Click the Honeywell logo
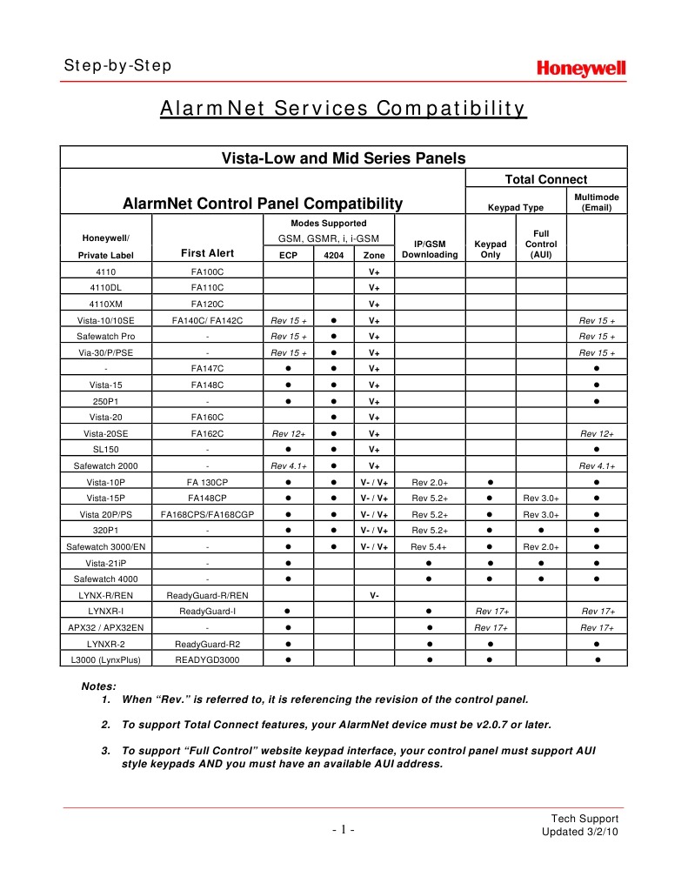coord(580,69)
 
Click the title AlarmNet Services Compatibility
coord(344,109)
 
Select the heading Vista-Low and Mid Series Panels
coord(344,158)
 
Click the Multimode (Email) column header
coord(597,203)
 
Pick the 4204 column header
coord(333,255)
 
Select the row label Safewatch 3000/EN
coord(104,546)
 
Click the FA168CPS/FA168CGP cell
coord(208,514)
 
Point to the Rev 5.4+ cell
coord(429,546)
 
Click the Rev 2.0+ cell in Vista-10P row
coord(429,482)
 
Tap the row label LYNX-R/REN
coord(104,595)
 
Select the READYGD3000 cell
coord(208,659)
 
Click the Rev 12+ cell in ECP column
coord(288,433)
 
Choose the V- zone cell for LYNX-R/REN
coord(374,595)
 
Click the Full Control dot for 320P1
coord(541,530)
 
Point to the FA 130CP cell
coord(208,482)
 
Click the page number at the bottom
coord(344,829)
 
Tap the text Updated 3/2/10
coord(579,833)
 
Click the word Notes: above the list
coord(98,686)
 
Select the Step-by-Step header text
coord(117,66)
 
